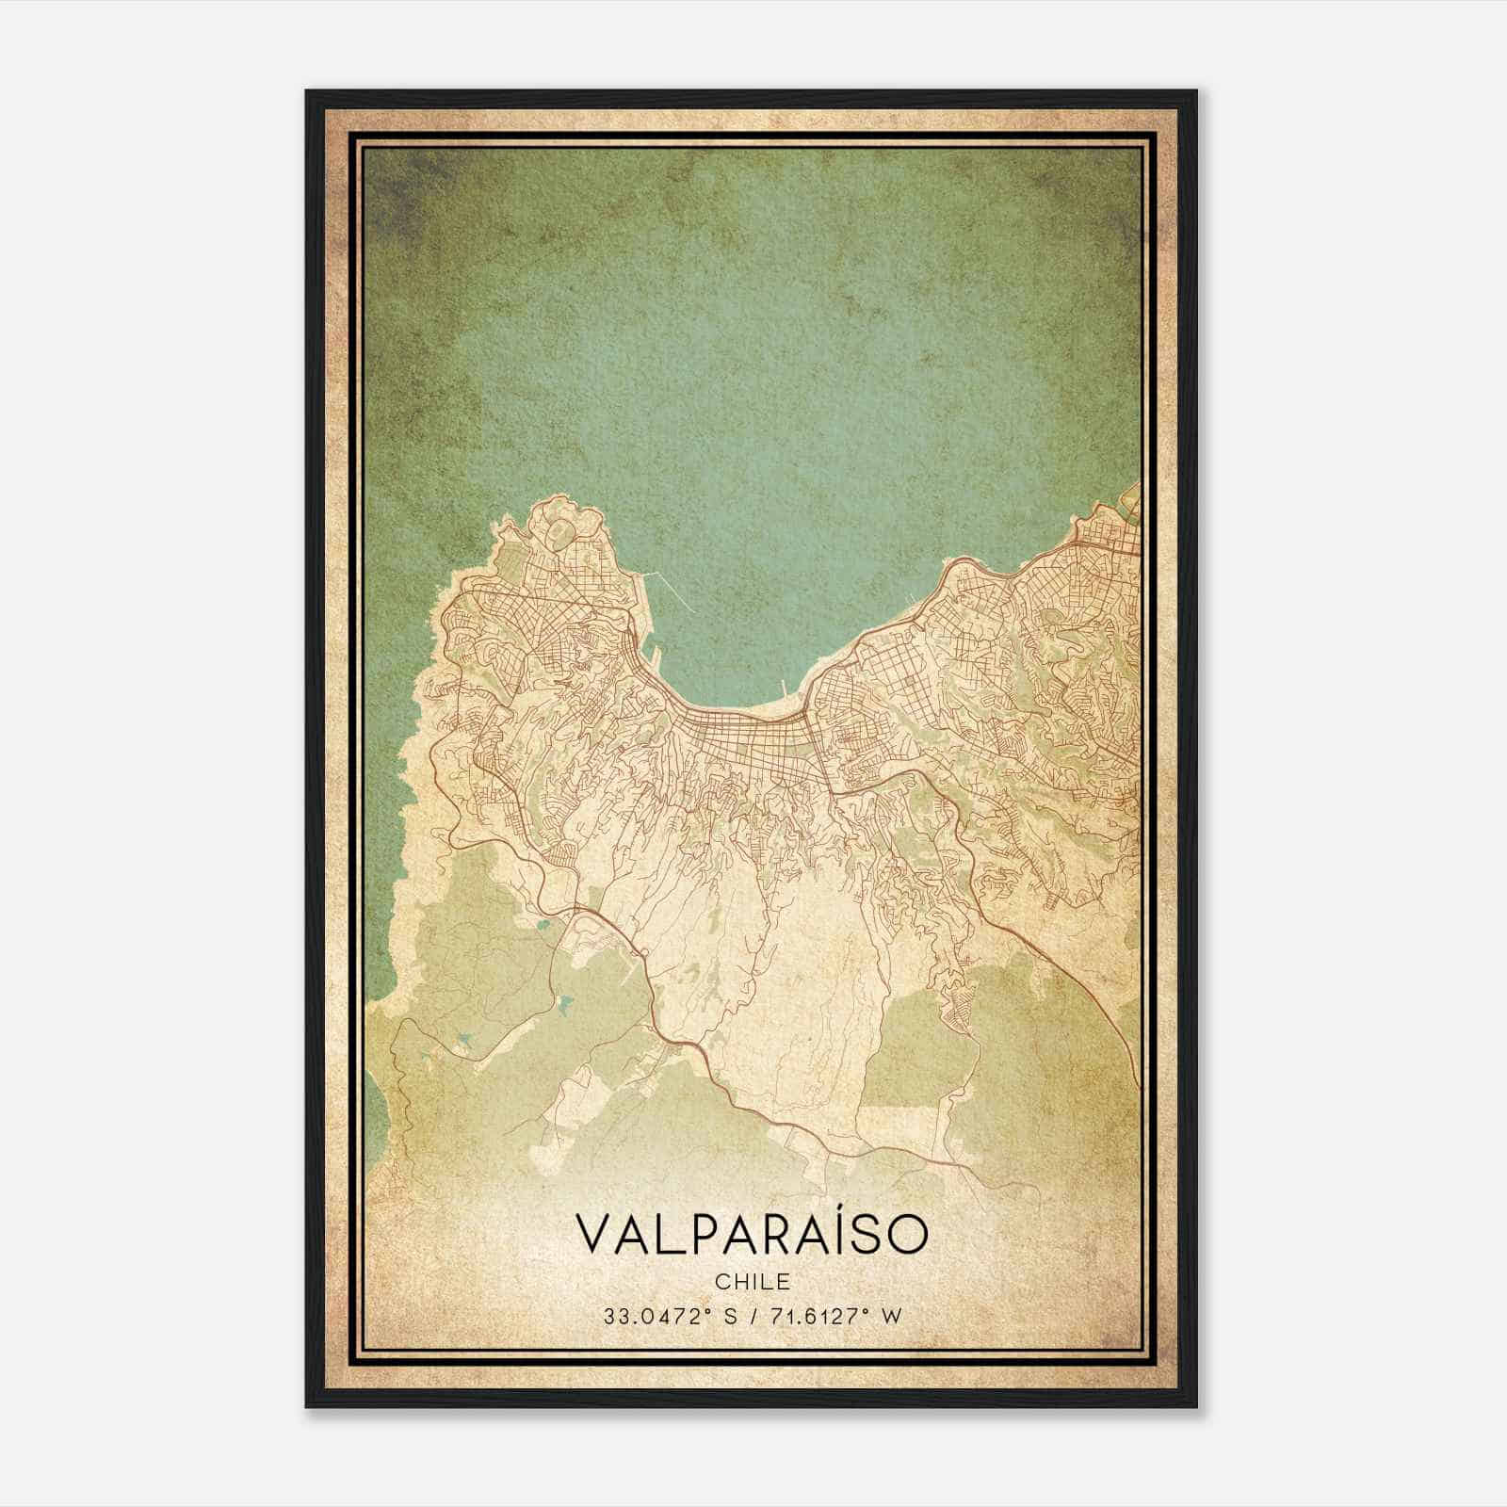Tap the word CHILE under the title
[752, 1281]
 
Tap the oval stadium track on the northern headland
[558, 534]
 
